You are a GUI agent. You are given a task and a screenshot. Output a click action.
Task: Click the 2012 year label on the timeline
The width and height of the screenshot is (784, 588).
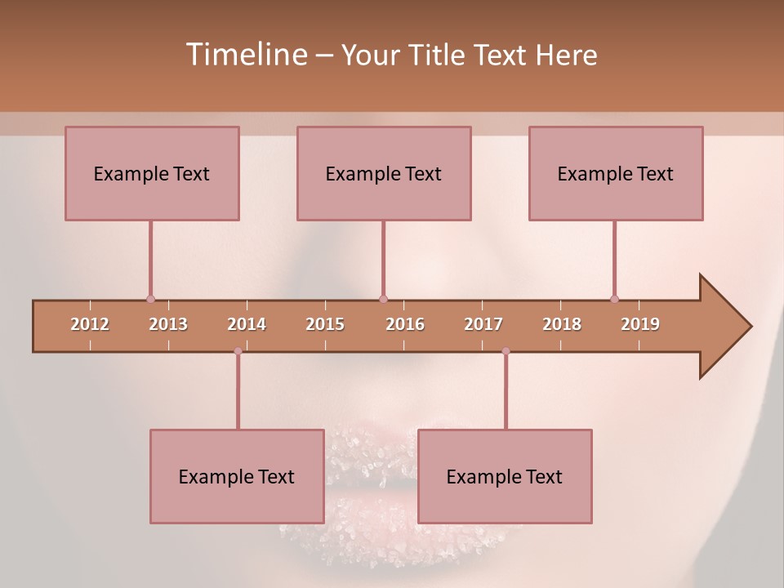(x=90, y=324)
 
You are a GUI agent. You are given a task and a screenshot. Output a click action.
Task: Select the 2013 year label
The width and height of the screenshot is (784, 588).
(x=168, y=324)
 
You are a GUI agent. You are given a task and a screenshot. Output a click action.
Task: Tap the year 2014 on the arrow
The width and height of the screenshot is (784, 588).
(x=247, y=324)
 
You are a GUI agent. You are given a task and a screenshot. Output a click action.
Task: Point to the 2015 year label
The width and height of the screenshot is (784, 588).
(x=325, y=324)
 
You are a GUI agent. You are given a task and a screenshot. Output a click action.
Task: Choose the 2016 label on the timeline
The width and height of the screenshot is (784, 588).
(x=405, y=324)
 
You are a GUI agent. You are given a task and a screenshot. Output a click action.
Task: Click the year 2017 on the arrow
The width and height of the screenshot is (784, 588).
(x=483, y=324)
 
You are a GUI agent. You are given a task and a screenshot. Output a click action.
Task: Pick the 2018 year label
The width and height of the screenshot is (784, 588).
(x=562, y=324)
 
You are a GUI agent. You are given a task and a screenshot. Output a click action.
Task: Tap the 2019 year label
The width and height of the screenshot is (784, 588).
(x=640, y=324)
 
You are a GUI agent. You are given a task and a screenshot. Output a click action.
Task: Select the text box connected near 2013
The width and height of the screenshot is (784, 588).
(x=152, y=173)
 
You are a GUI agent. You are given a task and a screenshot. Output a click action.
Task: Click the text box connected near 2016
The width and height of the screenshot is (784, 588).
(x=384, y=173)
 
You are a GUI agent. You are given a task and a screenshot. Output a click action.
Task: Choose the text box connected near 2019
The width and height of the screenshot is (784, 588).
(x=616, y=173)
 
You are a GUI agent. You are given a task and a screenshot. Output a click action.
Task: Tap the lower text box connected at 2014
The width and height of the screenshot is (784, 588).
(x=237, y=476)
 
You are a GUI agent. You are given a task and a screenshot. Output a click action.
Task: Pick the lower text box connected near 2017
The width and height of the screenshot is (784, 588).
(x=505, y=476)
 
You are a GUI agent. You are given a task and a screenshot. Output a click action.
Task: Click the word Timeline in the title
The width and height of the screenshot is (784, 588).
(x=245, y=55)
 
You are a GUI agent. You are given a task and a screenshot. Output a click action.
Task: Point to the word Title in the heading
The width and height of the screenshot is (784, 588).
(x=439, y=55)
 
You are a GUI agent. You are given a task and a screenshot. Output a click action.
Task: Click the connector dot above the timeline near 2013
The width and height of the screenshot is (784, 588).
(x=150, y=299)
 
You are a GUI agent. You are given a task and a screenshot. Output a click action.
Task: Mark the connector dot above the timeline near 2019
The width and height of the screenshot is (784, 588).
(x=614, y=299)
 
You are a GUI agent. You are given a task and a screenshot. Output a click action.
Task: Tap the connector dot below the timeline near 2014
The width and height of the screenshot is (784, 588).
(x=238, y=351)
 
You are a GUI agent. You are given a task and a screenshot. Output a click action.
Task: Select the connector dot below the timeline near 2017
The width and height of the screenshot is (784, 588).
(x=506, y=351)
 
